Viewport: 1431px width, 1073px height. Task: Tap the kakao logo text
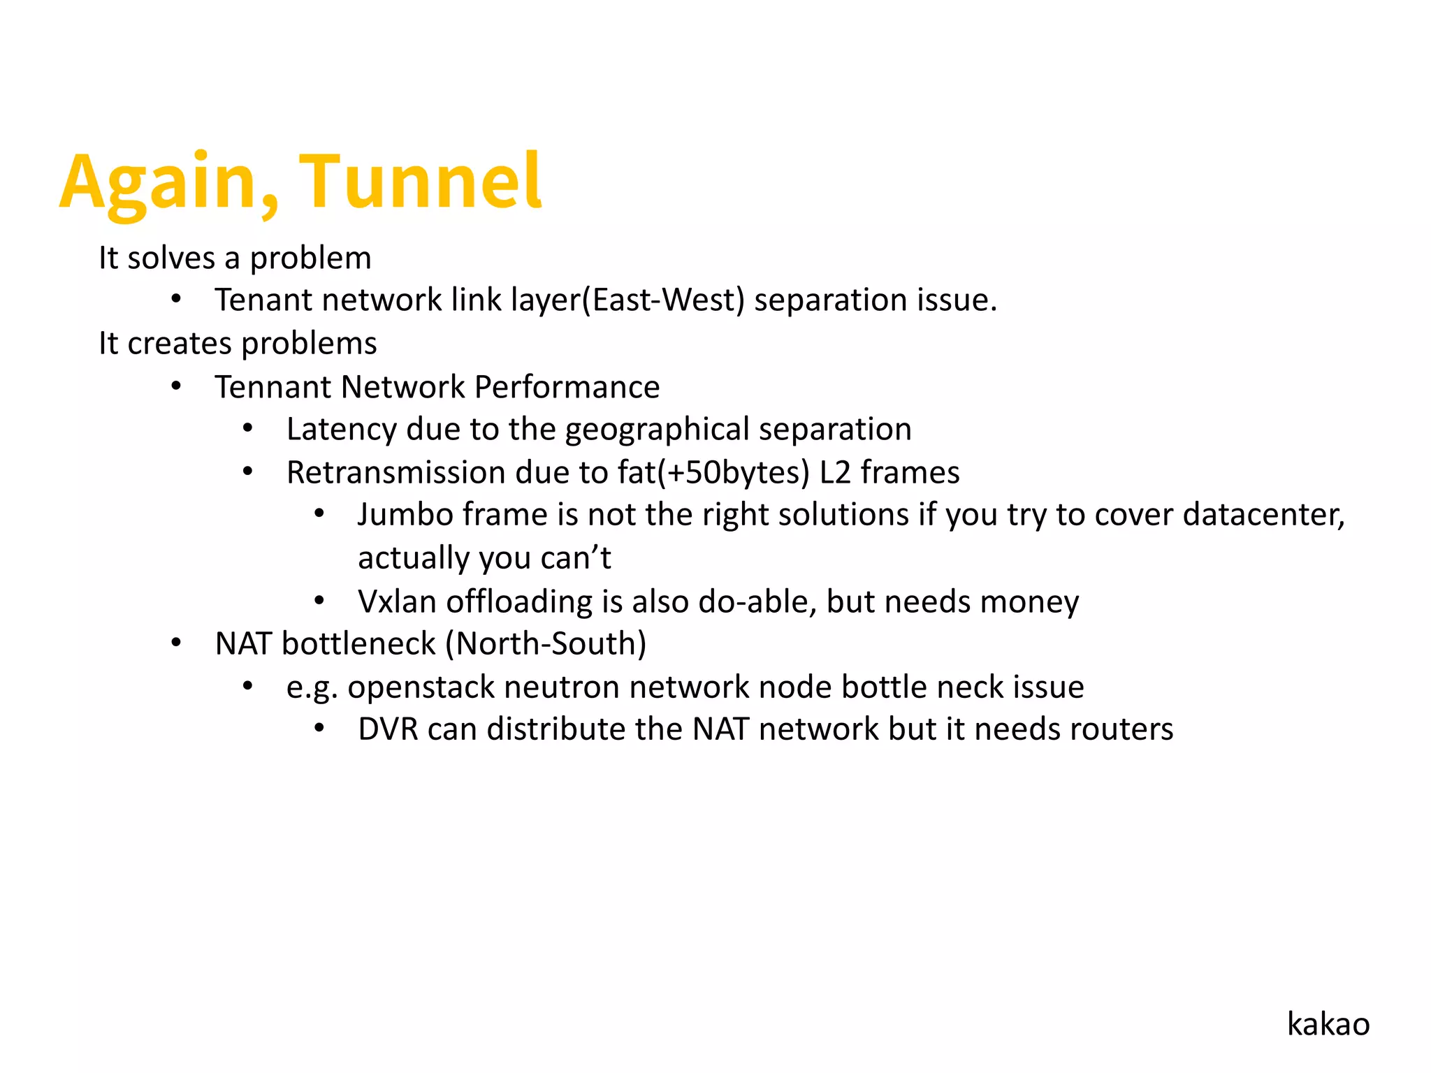(x=1328, y=1024)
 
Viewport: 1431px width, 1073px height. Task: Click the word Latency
(x=341, y=430)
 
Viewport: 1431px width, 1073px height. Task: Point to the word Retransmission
(x=395, y=473)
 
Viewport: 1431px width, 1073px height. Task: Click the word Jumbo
(x=405, y=515)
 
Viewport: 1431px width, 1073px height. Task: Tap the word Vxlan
(x=397, y=601)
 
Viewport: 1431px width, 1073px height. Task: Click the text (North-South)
(x=546, y=644)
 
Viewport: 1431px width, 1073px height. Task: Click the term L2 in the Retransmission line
(x=834, y=473)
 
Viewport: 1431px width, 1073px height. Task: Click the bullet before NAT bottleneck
(x=176, y=643)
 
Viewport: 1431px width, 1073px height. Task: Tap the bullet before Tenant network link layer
(x=176, y=300)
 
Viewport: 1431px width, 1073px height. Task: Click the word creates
(x=179, y=344)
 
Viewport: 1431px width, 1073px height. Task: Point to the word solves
(x=171, y=258)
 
